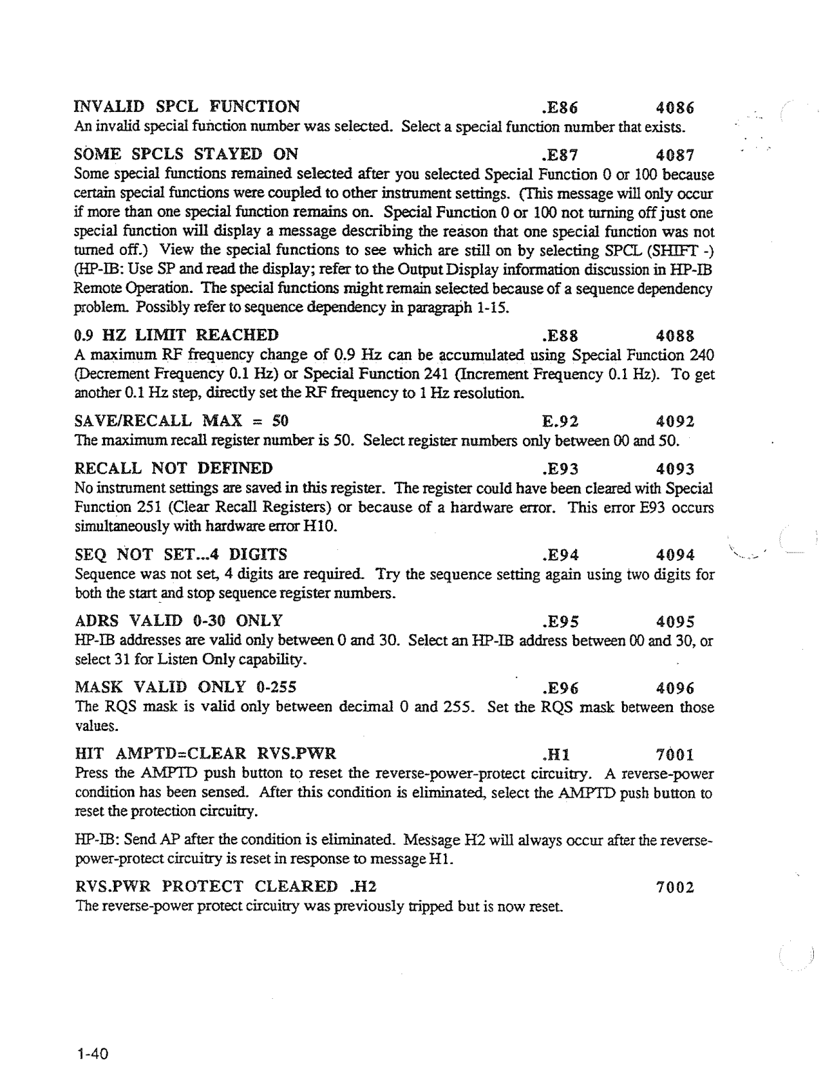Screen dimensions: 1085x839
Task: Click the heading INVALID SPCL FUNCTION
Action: pos(187,107)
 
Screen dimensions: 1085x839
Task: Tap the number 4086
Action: pos(676,107)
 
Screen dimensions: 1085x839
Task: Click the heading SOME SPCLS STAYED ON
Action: pos(186,155)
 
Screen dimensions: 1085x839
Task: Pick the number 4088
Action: pos(676,335)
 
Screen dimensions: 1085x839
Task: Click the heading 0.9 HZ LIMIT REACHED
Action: pos(176,335)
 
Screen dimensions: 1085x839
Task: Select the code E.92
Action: pos(560,421)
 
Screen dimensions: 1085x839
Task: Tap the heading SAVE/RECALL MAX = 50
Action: pos(181,421)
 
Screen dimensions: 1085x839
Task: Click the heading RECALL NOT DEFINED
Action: pos(173,469)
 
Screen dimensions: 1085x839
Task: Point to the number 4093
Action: pos(676,469)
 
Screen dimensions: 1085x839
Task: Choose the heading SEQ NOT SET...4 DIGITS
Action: pos(180,555)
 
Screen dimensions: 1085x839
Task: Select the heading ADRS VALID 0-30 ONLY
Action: pos(178,620)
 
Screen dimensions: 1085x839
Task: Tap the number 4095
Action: pos(676,620)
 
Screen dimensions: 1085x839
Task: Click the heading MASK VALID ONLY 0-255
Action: pos(185,687)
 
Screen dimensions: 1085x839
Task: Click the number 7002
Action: pos(676,886)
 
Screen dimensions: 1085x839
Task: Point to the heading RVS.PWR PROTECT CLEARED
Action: pos(206,886)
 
